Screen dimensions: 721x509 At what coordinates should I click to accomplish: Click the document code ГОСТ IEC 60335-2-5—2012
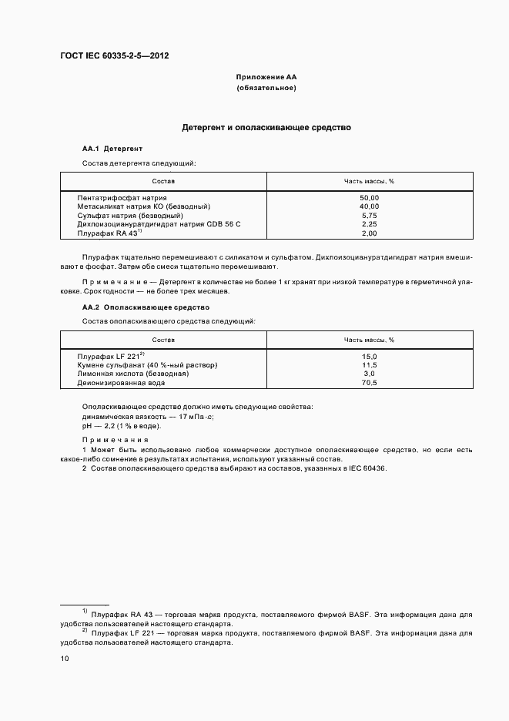114,56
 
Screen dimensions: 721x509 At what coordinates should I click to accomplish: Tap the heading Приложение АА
266,78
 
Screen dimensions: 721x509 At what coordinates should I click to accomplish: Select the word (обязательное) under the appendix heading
266,89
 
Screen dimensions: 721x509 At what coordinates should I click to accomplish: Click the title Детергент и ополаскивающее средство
266,127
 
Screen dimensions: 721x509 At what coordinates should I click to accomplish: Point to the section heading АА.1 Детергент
112,148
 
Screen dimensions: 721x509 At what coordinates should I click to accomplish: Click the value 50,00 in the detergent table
369,198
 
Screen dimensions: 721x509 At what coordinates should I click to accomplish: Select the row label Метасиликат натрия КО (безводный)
143,206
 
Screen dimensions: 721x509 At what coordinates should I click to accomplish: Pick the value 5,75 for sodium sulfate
369,215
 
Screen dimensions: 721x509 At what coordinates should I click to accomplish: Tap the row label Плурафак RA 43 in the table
107,233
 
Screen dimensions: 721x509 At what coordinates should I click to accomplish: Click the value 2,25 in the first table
369,224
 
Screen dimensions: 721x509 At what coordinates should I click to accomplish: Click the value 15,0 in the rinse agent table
369,357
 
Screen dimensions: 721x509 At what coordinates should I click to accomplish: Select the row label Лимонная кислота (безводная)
132,374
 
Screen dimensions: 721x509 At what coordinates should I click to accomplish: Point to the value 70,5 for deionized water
369,382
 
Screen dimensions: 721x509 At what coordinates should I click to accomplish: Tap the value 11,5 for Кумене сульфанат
369,365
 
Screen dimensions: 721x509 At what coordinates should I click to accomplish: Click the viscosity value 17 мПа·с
196,416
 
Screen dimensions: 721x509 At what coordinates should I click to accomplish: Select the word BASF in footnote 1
360,614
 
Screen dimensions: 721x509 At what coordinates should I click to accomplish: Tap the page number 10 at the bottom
65,659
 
